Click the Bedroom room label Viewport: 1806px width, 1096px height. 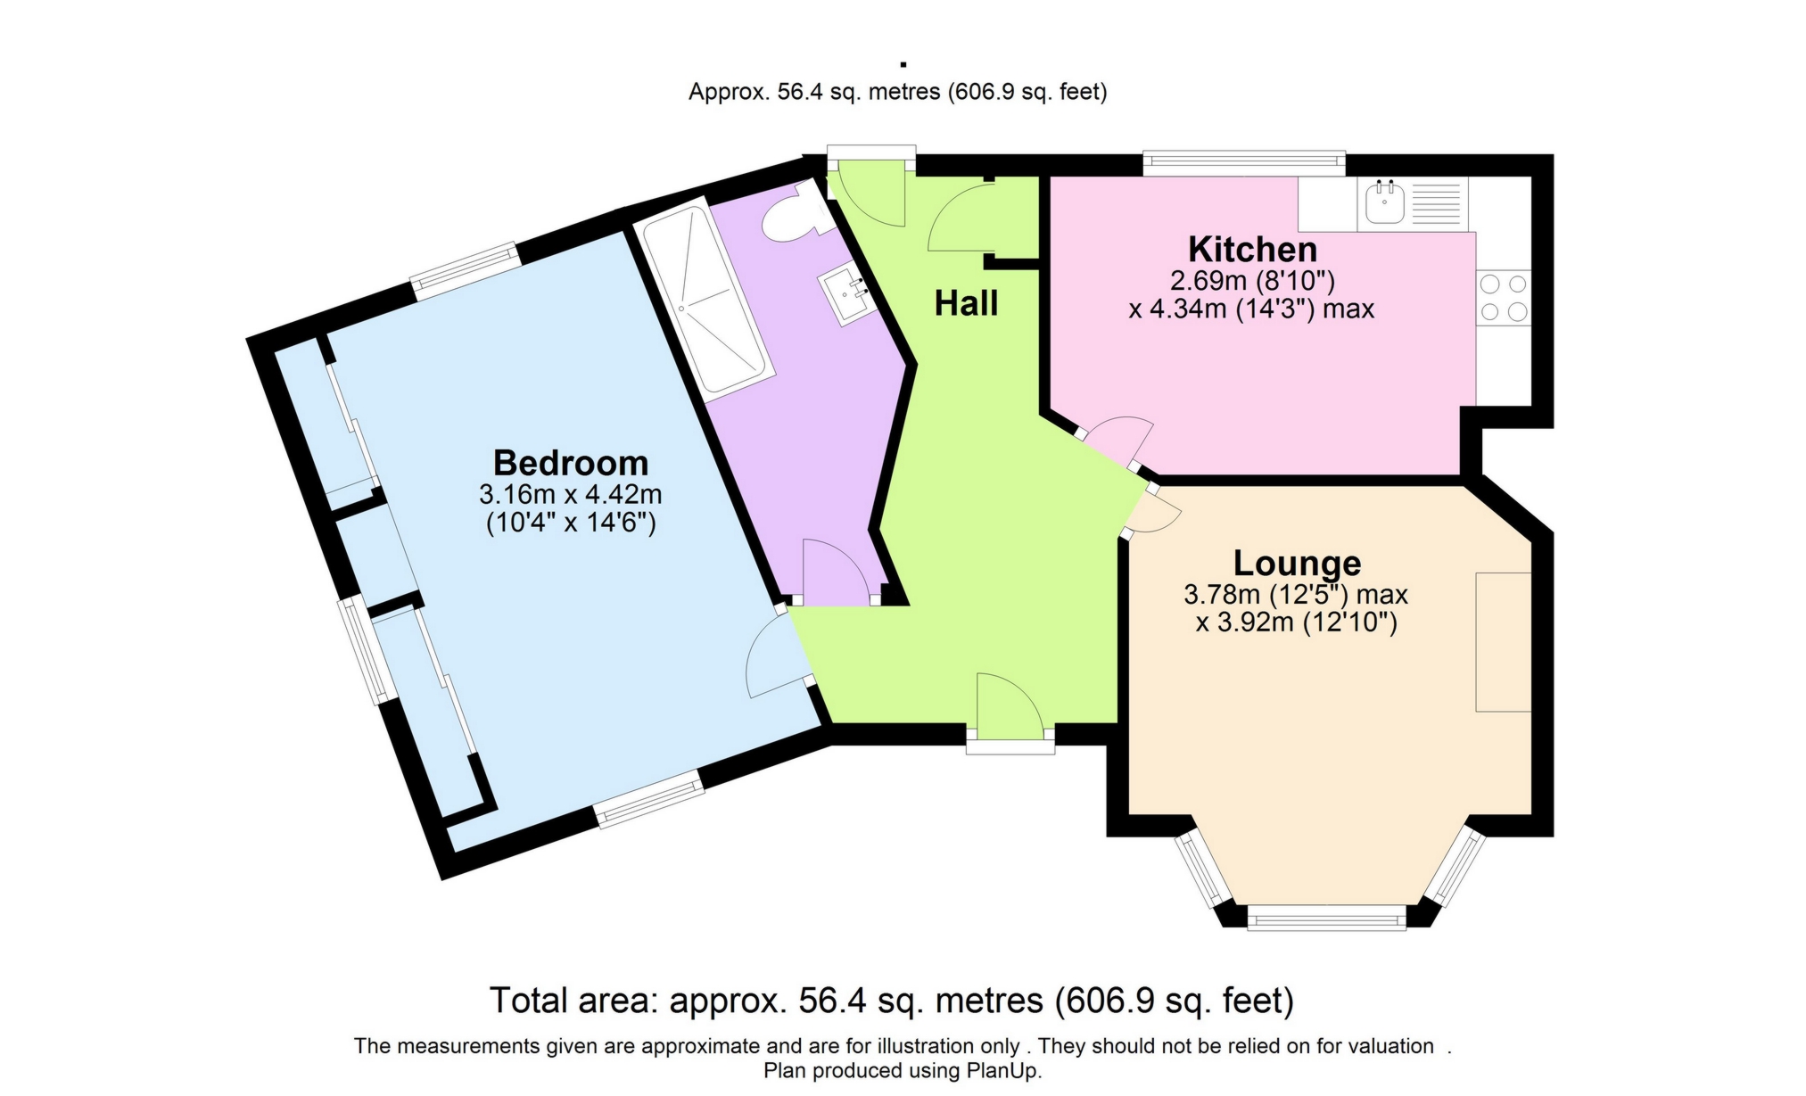(x=571, y=463)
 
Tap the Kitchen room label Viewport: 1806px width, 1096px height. (x=1252, y=249)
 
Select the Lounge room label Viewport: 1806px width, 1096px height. (x=1297, y=564)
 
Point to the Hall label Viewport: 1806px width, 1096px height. (x=966, y=304)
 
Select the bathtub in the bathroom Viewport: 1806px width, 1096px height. (x=705, y=300)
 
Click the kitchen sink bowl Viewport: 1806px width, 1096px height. (x=1385, y=202)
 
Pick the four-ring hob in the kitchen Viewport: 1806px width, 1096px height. (x=1504, y=298)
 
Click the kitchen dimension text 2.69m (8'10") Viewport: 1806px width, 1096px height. (x=1252, y=281)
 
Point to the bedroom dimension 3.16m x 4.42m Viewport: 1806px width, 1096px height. (x=571, y=493)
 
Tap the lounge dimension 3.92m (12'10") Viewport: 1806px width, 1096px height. (x=1296, y=622)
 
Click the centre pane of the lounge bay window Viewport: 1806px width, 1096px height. (x=1326, y=918)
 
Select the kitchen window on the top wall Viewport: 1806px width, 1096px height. (x=1244, y=161)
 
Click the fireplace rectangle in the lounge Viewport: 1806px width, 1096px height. (x=1504, y=642)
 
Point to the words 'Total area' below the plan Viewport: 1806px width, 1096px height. (x=573, y=1001)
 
